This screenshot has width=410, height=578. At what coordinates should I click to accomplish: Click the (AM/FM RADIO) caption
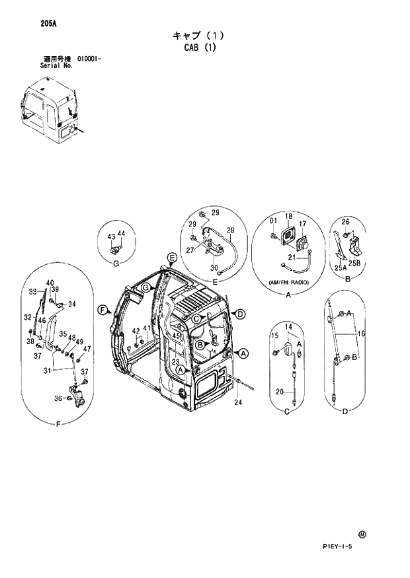(289, 282)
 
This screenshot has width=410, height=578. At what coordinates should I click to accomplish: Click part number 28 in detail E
(231, 230)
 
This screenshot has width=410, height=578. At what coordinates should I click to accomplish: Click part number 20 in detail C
(280, 392)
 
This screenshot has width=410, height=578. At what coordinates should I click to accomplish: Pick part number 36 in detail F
(58, 398)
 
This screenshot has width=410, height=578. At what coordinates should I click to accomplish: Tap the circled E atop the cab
(171, 257)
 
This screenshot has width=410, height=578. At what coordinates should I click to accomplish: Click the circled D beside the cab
(240, 313)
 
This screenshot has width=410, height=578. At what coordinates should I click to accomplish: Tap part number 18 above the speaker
(289, 217)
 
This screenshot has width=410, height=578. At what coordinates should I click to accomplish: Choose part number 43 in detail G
(111, 236)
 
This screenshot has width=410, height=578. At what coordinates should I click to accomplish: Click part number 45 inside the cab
(177, 336)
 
